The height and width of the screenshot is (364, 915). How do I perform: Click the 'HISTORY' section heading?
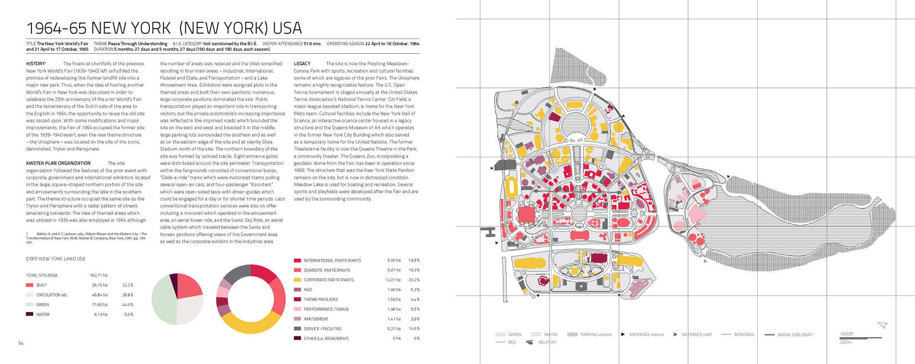click(x=35, y=64)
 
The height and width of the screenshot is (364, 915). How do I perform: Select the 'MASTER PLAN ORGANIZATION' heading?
click(x=58, y=163)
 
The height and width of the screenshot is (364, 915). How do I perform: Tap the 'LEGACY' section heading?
click(x=302, y=64)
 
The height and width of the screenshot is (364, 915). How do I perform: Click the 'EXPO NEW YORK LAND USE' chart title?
click(x=55, y=259)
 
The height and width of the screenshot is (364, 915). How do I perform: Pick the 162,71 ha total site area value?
click(x=98, y=275)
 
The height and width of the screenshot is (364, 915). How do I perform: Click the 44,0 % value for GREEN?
click(x=128, y=305)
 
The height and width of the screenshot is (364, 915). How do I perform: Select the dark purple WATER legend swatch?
click(x=29, y=314)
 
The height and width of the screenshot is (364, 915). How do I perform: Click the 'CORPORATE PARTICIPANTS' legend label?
click(x=328, y=280)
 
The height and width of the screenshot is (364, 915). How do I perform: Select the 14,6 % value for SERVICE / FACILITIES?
click(x=414, y=329)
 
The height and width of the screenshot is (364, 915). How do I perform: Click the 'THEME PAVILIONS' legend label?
click(x=320, y=299)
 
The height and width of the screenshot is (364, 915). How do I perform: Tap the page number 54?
click(x=21, y=343)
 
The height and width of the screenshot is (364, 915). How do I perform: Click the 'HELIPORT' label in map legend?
click(x=547, y=342)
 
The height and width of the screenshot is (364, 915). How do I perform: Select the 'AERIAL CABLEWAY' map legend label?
click(x=794, y=335)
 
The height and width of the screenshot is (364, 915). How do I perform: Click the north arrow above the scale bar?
click(x=882, y=325)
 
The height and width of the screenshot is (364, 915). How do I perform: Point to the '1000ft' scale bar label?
click(x=846, y=334)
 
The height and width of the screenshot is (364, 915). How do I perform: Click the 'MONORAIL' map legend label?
click(x=744, y=335)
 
